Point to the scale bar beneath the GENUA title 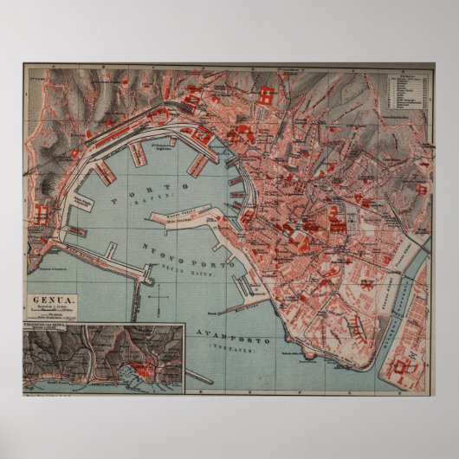(54, 313)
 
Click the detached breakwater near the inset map (199, 378)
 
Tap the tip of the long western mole (136, 320)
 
